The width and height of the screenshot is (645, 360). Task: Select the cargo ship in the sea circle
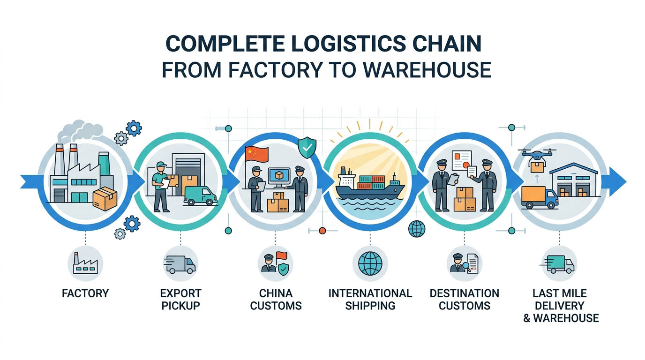pyautogui.click(x=369, y=184)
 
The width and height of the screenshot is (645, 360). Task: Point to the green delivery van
pyautogui.click(x=200, y=195)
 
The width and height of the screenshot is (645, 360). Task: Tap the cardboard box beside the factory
pyautogui.click(x=104, y=199)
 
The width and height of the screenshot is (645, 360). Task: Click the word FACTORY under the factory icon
pyautogui.click(x=85, y=294)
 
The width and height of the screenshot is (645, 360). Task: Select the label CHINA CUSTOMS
pyautogui.click(x=276, y=300)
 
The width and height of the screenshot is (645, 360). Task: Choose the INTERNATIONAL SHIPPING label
pyautogui.click(x=370, y=300)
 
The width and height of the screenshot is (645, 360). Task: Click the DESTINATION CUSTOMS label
pyautogui.click(x=464, y=300)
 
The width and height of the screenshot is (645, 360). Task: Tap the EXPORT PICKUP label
pyautogui.click(x=180, y=300)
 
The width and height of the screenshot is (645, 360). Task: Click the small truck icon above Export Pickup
pyautogui.click(x=180, y=263)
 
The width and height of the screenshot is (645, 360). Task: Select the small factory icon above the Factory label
pyautogui.click(x=85, y=263)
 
